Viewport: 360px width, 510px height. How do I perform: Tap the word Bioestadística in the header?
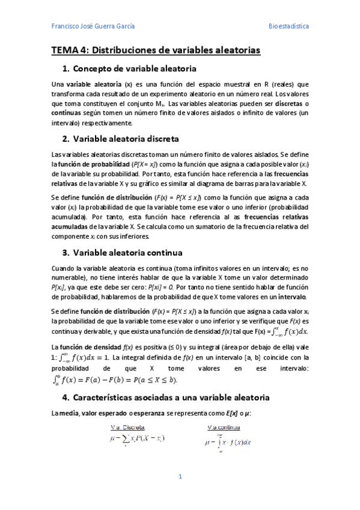coord(288,26)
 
